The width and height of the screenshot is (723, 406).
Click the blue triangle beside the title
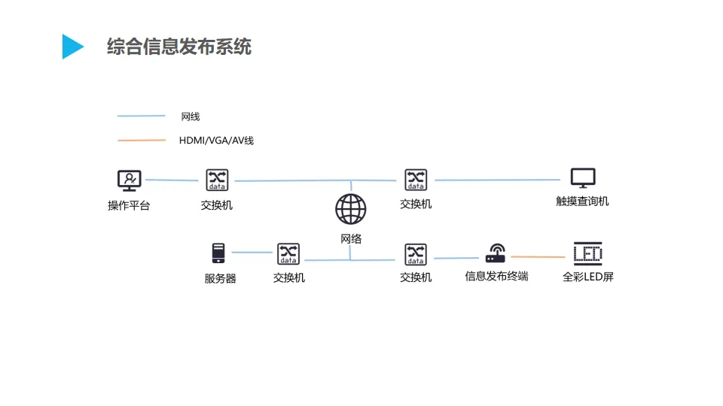coord(72,47)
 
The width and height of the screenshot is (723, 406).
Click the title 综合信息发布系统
coord(179,47)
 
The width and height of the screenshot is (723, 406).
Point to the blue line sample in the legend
coord(141,116)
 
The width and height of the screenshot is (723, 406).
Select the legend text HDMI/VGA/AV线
coord(216,141)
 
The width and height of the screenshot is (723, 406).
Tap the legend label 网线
coord(191,117)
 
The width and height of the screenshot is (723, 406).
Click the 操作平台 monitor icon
coord(130,180)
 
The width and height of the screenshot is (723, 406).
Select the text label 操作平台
coord(129,205)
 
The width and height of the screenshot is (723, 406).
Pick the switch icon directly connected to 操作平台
coord(217,180)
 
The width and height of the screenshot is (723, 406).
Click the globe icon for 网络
coord(351,209)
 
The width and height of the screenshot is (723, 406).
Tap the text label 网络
coord(351,239)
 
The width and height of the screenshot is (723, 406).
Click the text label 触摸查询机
coord(582,201)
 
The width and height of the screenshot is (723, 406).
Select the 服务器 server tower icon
coord(218,253)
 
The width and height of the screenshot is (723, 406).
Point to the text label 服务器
coord(220,278)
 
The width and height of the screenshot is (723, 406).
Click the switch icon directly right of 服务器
coord(288,253)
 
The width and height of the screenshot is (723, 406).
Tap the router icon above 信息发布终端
coord(496,253)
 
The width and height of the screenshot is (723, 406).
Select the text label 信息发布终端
coord(496,276)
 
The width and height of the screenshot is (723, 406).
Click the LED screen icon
coord(588,253)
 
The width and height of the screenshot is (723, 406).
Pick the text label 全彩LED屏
coord(588,277)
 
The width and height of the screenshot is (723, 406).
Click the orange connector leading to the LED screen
coord(537,257)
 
